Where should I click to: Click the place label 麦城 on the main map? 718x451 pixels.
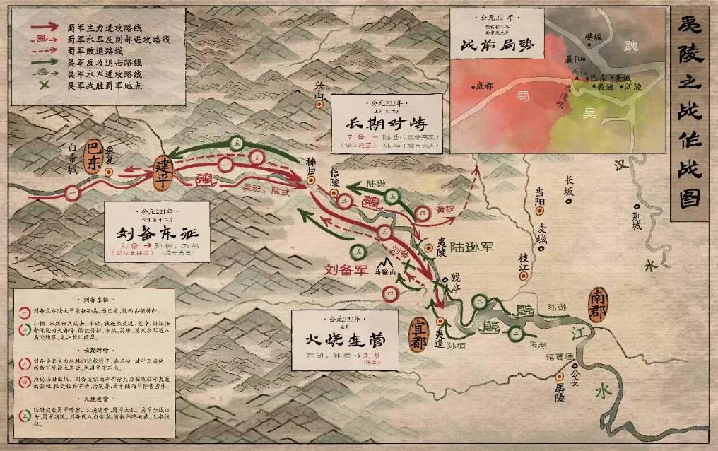(x=542, y=233)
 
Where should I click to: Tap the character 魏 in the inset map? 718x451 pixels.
(x=630, y=43)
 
